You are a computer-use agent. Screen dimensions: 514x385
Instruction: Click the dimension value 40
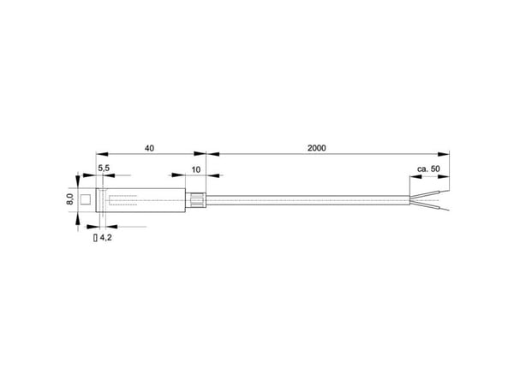(149, 148)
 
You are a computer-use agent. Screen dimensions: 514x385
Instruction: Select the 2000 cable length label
(317, 148)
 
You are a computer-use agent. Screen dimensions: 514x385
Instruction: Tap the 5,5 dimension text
(104, 169)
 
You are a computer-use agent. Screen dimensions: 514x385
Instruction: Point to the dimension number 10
(195, 170)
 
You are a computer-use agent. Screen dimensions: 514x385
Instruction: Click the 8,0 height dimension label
(70, 199)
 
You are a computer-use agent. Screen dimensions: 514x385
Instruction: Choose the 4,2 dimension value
(105, 238)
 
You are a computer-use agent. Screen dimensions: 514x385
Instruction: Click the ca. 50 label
(428, 169)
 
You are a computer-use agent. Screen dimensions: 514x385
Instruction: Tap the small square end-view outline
(86, 199)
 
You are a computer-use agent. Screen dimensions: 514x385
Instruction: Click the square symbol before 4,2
(95, 238)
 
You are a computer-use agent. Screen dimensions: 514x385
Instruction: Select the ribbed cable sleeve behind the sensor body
(195, 200)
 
